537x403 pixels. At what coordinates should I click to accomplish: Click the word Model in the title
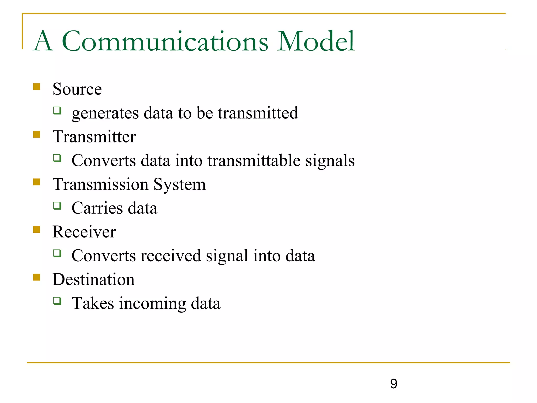pos(316,41)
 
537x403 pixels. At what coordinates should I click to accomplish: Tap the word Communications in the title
pos(165,41)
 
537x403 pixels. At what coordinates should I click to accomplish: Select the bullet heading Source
pos(77,89)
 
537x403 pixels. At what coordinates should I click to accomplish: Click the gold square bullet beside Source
pos(37,87)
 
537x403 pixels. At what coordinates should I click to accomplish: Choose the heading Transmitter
pos(94,137)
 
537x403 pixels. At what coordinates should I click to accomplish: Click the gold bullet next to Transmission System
pos(37,182)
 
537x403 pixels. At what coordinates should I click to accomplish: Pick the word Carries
pos(97,208)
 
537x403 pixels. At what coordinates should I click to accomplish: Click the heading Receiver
pos(84,232)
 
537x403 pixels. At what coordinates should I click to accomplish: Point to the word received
pos(171,256)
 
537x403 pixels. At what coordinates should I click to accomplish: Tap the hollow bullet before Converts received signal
pos(57,253)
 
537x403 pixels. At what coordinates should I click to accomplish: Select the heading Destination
pos(94,279)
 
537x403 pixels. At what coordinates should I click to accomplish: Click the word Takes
pos(93,303)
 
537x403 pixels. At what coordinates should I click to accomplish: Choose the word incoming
pos(152,304)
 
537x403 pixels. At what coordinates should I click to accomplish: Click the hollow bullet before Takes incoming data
pos(57,301)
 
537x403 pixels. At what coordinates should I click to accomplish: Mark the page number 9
pos(394,384)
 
